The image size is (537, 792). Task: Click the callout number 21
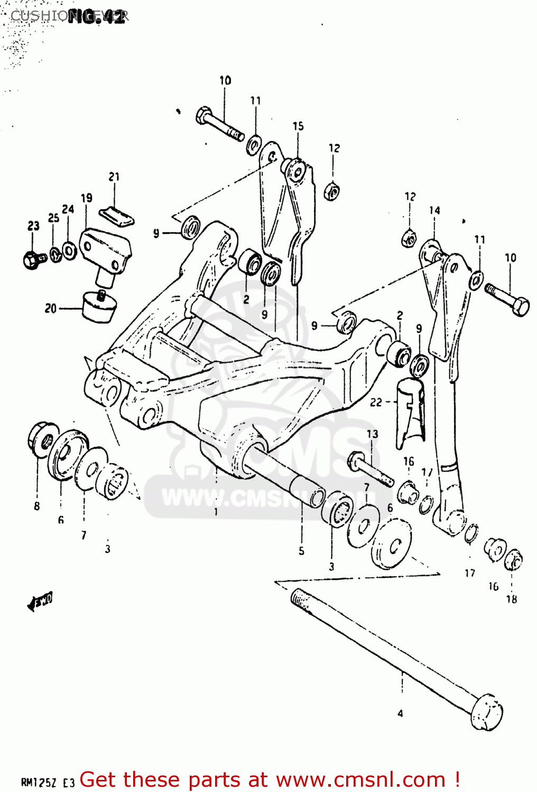[114, 177]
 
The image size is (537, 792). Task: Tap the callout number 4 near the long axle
[400, 713]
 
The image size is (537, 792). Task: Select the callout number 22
[376, 402]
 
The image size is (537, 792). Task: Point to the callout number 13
[373, 434]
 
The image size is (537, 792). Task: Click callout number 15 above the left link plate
[298, 126]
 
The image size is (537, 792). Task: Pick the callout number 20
[50, 308]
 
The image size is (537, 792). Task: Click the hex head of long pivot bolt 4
[487, 714]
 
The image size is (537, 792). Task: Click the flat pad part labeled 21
[117, 215]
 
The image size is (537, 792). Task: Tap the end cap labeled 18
[514, 560]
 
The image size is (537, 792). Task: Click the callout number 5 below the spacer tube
[301, 551]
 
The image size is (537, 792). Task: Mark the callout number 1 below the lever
[216, 512]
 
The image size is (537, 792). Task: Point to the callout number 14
[434, 210]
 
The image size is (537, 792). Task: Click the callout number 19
[86, 198]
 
